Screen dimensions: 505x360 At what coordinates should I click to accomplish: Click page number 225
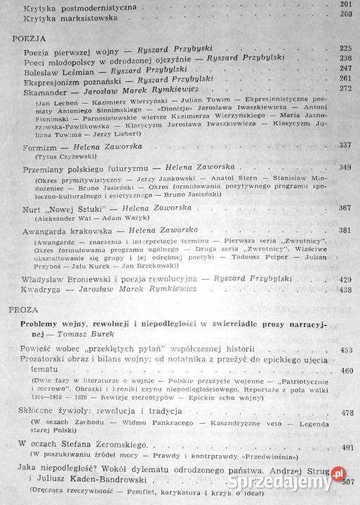[344, 48]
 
